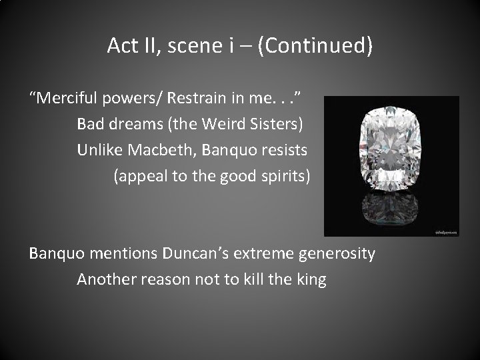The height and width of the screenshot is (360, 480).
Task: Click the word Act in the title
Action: [x=122, y=45]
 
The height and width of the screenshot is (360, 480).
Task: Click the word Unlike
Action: [x=98, y=150]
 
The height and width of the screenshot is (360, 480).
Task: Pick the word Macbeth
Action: [x=153, y=150]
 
